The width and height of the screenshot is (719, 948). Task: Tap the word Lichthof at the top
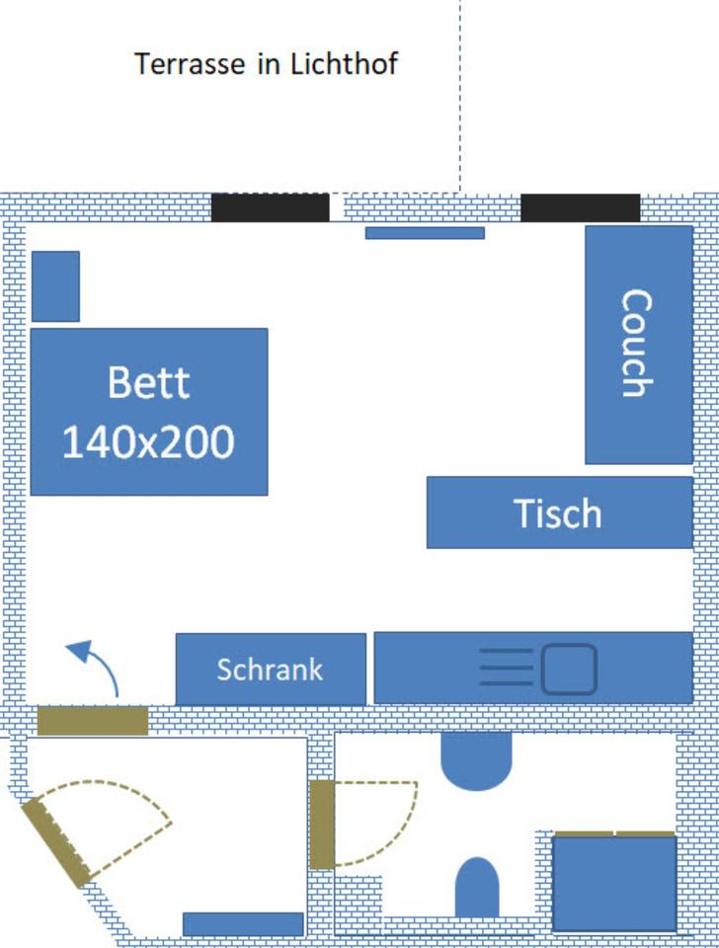click(x=343, y=64)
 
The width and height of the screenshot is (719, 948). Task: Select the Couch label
click(x=637, y=343)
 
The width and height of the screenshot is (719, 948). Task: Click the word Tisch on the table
click(x=557, y=513)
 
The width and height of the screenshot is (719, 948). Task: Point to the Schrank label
click(x=270, y=670)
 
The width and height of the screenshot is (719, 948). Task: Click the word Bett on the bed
click(x=148, y=382)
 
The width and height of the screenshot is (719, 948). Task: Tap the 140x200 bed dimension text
click(x=148, y=441)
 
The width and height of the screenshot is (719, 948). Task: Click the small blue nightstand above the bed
click(x=55, y=286)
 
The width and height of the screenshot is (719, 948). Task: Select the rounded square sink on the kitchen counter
click(x=569, y=669)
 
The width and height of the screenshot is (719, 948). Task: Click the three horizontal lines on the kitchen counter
click(x=506, y=669)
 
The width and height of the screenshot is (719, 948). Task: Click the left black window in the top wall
click(x=270, y=207)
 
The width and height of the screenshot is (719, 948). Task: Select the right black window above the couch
click(x=580, y=207)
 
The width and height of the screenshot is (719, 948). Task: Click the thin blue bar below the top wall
click(x=425, y=233)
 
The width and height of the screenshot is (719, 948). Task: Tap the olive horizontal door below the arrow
click(x=92, y=721)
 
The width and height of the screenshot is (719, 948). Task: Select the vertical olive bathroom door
click(x=321, y=825)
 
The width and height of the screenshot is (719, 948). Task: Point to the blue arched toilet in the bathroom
click(x=476, y=888)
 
